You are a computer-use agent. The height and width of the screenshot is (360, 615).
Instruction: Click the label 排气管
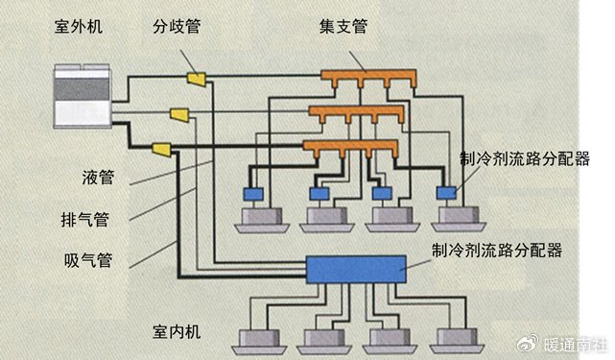[91, 219]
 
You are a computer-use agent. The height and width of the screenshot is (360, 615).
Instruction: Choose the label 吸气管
[91, 260]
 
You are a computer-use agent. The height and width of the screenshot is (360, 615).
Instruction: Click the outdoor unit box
[83, 95]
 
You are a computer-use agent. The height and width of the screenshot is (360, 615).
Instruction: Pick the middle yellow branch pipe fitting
[179, 115]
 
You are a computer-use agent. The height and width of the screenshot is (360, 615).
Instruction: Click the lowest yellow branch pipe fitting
[161, 150]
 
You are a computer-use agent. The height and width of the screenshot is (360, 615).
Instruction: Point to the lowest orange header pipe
[349, 147]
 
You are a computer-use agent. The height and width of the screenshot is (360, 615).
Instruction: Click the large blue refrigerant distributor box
[355, 269]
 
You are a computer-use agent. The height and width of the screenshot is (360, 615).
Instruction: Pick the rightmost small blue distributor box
[445, 193]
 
